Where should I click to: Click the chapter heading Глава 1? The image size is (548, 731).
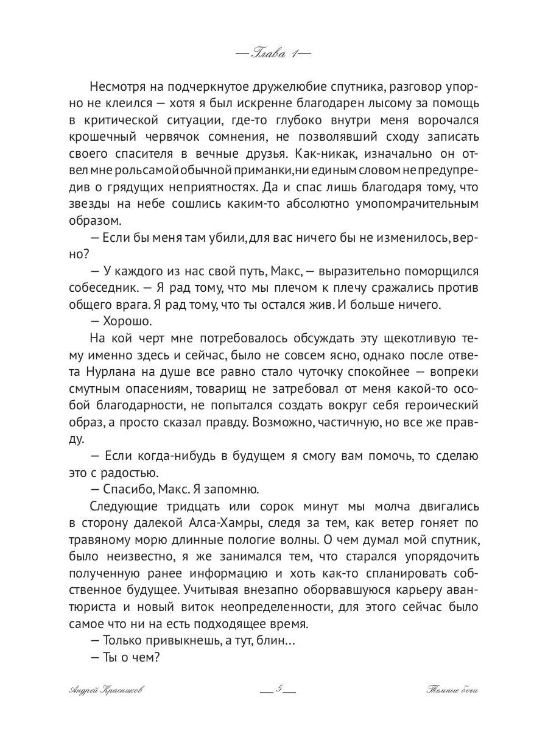(273, 53)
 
